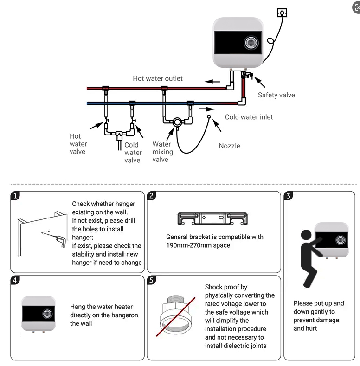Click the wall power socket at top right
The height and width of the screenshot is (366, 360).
coord(282,12)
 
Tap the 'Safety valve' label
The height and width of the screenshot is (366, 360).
coord(276,95)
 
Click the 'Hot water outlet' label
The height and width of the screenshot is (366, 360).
coord(158,78)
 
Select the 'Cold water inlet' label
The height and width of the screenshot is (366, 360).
coord(249,117)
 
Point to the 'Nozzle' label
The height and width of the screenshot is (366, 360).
coord(230,146)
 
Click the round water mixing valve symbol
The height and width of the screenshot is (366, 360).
coord(177,123)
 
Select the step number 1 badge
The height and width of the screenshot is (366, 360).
coord(16,196)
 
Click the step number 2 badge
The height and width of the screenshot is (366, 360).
coord(152,196)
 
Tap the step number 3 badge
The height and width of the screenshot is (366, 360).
coord(289,196)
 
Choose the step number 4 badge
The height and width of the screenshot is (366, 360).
coord(16,280)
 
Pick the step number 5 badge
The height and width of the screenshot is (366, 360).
coord(152,280)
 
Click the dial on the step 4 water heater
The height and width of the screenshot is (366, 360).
coord(47,314)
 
